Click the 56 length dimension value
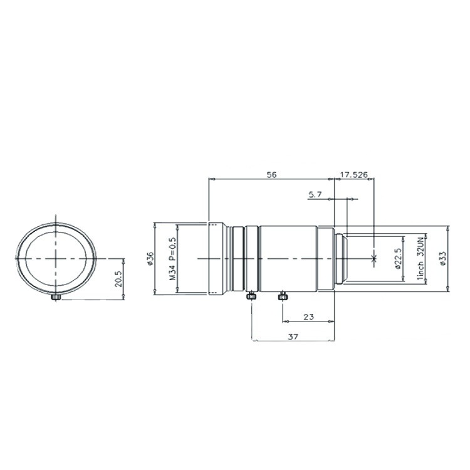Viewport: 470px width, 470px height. tap(271, 175)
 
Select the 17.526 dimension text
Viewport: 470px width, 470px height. tap(354, 175)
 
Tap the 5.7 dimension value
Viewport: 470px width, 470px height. tap(315, 194)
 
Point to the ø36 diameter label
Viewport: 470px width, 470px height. tap(150, 258)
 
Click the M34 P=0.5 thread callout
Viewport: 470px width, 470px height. tap(173, 259)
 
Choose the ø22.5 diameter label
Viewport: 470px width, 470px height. tap(398, 258)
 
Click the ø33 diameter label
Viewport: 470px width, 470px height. tap(442, 258)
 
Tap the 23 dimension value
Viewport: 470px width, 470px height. tap(308, 316)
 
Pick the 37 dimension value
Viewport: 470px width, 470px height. tap(293, 337)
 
